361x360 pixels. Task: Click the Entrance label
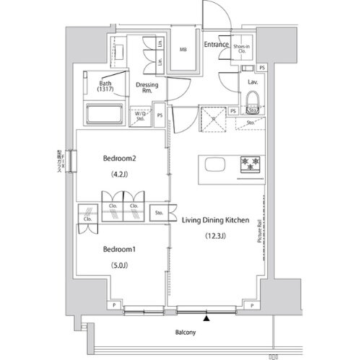pos(216,45)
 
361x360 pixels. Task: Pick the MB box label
pos(183,50)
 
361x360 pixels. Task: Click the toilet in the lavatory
pos(253,109)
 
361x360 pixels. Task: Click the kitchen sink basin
pos(214,164)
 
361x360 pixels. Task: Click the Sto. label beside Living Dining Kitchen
pos(160,214)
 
